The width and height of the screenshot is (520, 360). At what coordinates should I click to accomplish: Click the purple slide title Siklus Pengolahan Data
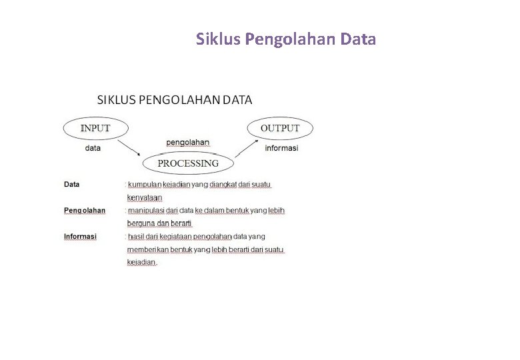(286, 39)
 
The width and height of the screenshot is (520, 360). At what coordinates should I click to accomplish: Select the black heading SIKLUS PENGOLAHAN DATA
(175, 101)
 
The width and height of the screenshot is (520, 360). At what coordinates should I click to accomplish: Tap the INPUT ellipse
(95, 128)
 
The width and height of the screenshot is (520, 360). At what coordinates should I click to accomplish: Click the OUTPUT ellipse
(280, 128)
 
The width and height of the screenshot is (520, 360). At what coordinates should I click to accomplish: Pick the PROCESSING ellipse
(187, 163)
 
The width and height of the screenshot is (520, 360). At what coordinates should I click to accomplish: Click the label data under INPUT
(93, 148)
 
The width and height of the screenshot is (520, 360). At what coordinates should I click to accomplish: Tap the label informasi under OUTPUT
(281, 148)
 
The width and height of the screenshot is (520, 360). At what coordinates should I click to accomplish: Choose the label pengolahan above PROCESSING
(187, 142)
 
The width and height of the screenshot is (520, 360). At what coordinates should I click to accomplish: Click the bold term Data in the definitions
(71, 184)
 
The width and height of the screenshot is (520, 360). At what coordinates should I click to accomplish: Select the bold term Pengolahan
(85, 211)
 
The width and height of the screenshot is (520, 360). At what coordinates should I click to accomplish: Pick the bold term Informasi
(80, 237)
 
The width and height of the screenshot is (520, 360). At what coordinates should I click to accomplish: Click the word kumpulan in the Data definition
(145, 184)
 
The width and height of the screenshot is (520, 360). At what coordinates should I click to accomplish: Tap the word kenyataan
(145, 197)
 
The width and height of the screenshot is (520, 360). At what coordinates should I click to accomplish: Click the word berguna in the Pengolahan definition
(141, 223)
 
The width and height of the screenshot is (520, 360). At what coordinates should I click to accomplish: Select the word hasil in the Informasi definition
(136, 237)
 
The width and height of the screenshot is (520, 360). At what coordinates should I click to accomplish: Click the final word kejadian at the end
(141, 262)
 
